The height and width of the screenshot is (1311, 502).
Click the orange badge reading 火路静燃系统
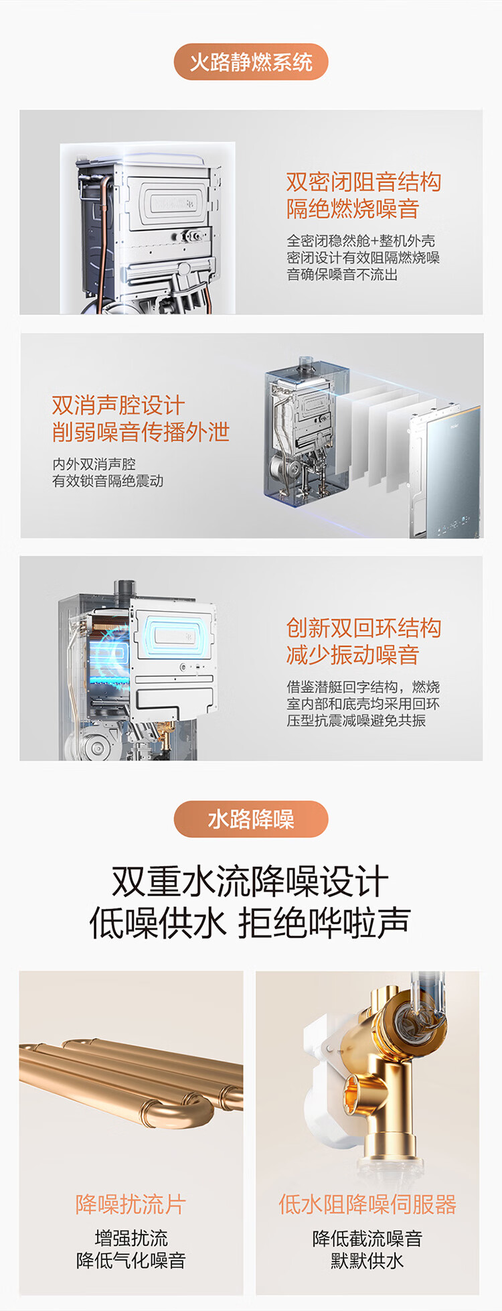click(251, 62)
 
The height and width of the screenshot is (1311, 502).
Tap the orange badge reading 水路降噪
click(251, 819)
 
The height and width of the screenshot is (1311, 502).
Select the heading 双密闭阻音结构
click(363, 182)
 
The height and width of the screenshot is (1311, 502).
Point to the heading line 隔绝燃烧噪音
click(353, 208)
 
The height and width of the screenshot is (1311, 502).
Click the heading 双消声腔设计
click(118, 405)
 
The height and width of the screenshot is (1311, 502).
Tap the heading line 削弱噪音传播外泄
click(141, 431)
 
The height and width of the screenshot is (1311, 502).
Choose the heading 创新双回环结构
click(363, 628)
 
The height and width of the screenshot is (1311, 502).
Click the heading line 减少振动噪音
click(353, 654)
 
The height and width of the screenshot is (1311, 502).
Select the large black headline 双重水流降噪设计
click(250, 881)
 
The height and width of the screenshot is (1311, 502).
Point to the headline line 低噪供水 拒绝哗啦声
click(250, 923)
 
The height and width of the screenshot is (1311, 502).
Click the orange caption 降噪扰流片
click(131, 1204)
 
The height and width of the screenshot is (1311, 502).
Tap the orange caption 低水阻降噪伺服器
click(367, 1204)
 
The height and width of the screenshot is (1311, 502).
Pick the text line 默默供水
click(367, 1261)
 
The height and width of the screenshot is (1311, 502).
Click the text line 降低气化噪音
click(131, 1261)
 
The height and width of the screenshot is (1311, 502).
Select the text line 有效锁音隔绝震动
click(108, 481)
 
